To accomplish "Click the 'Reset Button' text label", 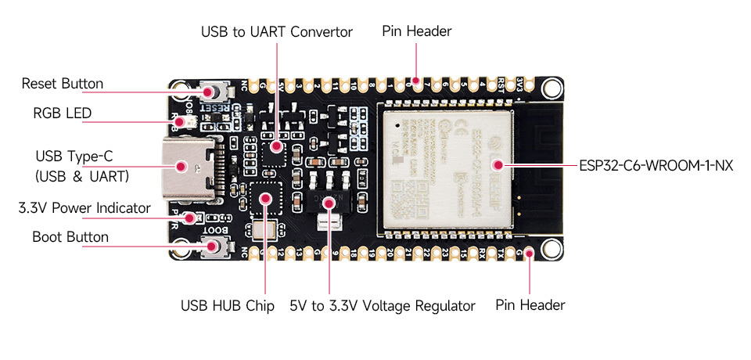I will [x=63, y=84].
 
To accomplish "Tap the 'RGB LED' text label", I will [x=62, y=113].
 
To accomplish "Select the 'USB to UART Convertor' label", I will [x=277, y=32].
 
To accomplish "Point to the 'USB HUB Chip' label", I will [x=228, y=306].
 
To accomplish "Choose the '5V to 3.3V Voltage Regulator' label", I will [x=382, y=306].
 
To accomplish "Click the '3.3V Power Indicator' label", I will [x=84, y=208].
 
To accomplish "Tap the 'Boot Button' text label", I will [x=70, y=236].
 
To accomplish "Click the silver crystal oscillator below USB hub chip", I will [x=261, y=230].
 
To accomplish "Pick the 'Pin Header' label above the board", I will [x=416, y=31].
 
